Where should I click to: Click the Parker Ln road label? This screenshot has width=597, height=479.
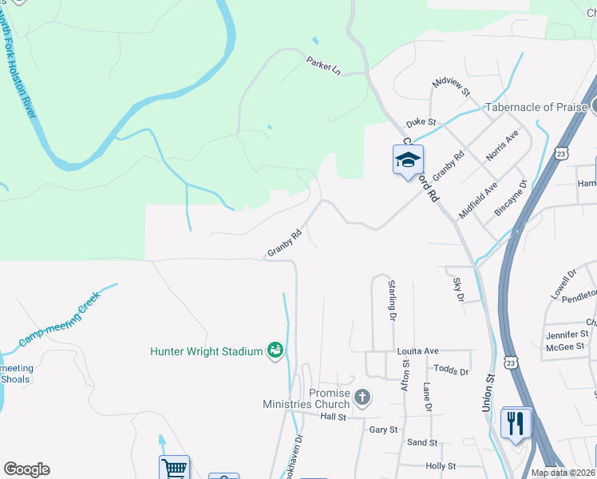[323, 65]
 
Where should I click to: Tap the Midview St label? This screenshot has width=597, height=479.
[452, 88]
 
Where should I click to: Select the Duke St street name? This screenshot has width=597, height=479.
[421, 123]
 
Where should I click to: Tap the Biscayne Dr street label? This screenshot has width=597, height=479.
[511, 198]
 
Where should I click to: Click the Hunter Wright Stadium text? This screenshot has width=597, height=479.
[207, 351]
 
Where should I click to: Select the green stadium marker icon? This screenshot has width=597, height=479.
[275, 350]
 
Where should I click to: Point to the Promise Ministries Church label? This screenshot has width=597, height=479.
[306, 398]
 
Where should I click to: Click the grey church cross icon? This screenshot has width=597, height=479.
[362, 397]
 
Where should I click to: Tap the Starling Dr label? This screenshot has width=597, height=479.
[392, 299]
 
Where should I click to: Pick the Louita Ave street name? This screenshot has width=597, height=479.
[418, 351]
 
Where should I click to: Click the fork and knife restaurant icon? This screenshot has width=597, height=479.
[516, 422]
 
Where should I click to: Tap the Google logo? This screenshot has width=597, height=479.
[26, 469]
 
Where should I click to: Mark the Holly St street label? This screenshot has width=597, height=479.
[441, 466]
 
